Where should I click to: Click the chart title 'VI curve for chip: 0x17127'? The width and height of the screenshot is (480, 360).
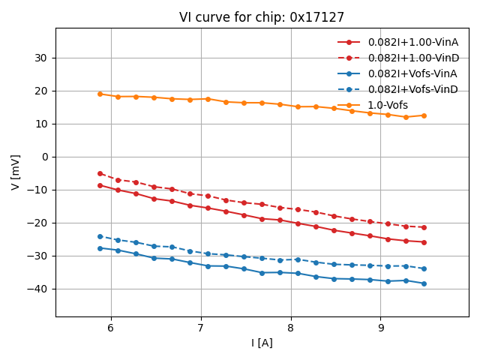point(262,17)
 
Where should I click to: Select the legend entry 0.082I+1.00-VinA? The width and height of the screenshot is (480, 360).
point(412,42)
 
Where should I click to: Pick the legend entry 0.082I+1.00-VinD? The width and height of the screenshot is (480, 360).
point(412,58)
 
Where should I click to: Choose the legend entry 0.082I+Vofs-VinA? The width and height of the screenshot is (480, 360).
point(412,73)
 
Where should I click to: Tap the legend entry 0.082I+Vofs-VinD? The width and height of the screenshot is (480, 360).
point(412,89)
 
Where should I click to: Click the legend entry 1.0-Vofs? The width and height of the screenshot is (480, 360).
point(388,105)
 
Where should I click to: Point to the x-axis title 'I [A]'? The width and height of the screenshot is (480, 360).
point(262,343)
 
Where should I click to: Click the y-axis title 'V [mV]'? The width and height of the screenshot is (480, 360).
point(16,172)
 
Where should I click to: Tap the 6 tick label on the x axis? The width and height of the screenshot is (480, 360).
point(111,328)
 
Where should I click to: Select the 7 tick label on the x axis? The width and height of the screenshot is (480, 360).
point(201,328)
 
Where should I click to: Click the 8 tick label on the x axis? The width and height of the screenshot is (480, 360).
point(291,328)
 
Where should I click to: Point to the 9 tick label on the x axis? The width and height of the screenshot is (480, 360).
point(381,328)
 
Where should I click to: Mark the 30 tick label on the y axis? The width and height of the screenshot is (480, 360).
point(40,58)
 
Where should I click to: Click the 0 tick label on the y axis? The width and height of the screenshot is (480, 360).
point(44,157)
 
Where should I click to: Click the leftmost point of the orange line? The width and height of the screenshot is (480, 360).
point(100,94)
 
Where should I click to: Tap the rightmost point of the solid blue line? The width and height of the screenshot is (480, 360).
point(424,283)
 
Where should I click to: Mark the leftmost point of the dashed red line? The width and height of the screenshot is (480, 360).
point(100,173)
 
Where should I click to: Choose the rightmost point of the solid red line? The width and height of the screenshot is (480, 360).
point(424,242)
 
